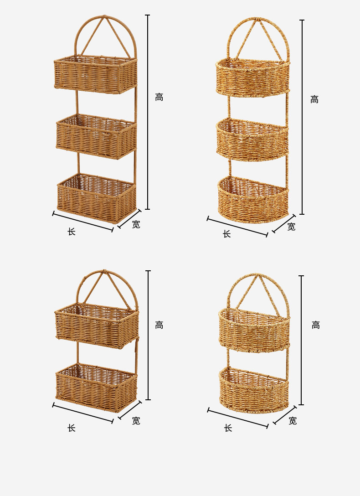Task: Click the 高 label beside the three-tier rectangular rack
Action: (159, 97)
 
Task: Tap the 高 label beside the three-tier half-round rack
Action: (314, 99)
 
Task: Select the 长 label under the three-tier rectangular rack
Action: (72, 232)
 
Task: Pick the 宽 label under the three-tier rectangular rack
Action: (136, 224)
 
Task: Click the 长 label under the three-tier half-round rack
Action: (226, 234)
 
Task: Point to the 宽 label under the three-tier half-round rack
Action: (291, 227)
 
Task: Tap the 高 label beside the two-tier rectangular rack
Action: (159, 325)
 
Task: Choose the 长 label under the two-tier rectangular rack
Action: (72, 428)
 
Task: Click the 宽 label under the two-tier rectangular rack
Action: (136, 421)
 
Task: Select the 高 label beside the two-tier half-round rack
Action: (316, 325)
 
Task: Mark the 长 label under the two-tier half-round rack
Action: (228, 428)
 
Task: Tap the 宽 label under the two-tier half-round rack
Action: (293, 421)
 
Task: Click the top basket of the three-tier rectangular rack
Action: (95, 75)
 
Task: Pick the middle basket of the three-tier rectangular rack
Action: (97, 136)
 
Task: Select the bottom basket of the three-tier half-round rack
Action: (253, 200)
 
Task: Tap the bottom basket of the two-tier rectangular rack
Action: (97, 387)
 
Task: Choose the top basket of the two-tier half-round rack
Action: (254, 330)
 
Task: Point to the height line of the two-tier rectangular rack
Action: (148, 335)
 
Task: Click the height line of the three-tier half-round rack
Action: (302, 117)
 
